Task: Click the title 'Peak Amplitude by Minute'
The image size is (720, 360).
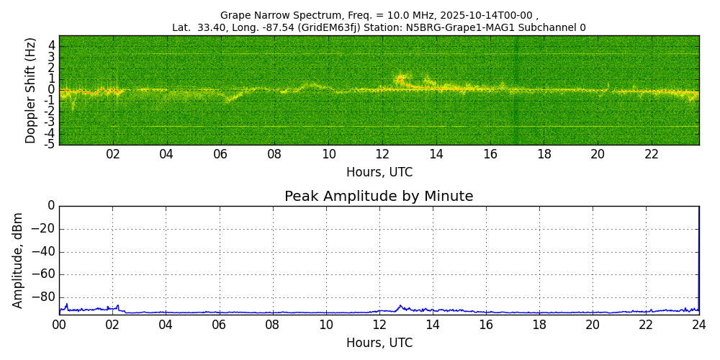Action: (379, 197)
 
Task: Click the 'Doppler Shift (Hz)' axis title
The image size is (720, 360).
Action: (30, 90)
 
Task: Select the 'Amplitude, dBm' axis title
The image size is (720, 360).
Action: (18, 260)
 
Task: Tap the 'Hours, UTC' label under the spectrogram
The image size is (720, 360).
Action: (379, 173)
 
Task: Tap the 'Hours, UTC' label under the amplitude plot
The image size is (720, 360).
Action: (379, 343)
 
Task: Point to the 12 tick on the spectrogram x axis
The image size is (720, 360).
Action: (382, 154)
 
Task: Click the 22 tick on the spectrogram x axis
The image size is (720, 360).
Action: (652, 154)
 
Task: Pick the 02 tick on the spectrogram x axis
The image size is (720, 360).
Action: (113, 154)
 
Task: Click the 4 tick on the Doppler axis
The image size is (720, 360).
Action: (52, 45)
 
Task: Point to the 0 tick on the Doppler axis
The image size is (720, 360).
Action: (52, 90)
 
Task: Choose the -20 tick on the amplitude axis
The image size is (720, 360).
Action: (42, 229)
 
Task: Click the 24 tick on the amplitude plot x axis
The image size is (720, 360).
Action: (699, 325)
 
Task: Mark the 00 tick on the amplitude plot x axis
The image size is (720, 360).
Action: (59, 325)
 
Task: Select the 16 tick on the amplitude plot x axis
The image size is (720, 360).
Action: (486, 325)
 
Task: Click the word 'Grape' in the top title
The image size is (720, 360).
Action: (235, 15)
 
